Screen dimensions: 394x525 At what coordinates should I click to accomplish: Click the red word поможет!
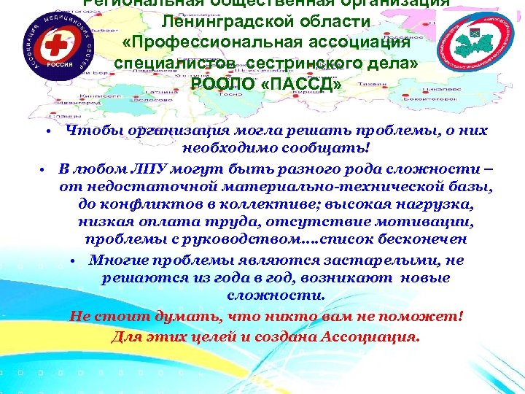pos(424,317)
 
